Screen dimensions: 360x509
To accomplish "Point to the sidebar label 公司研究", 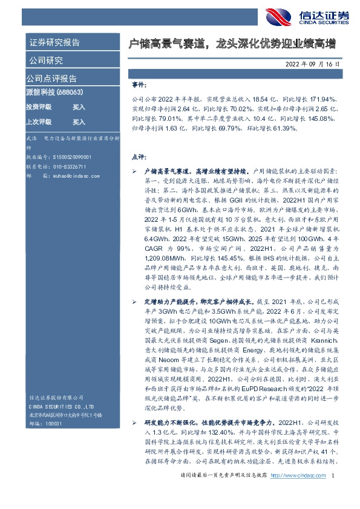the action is [45, 60].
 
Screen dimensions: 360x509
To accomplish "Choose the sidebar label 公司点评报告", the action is [51, 79].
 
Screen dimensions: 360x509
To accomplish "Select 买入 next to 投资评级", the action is [79, 106].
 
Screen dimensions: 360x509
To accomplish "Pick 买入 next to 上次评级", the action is [79, 122].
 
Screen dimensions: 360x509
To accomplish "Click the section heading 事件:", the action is [139, 86].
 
